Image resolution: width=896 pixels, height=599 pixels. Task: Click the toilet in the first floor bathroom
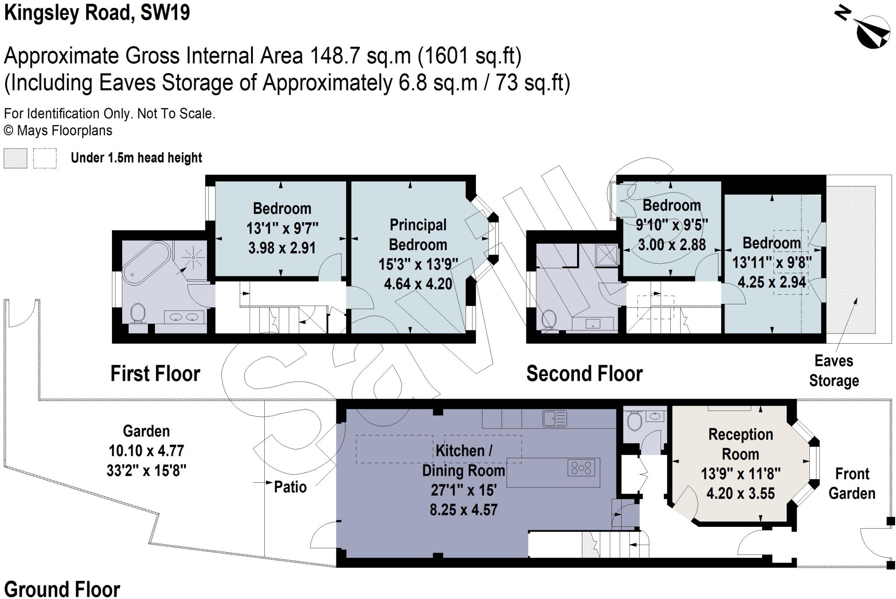coord(138,313)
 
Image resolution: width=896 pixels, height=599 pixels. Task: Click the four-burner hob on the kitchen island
coord(581,468)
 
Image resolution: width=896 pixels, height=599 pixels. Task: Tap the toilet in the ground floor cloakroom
coord(634,421)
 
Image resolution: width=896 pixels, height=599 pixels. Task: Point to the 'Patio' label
coord(290,487)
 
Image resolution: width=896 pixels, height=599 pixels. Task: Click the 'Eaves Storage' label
coord(834,371)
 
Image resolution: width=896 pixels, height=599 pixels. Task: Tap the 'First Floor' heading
coord(155,374)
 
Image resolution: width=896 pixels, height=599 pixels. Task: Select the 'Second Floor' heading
coord(584,374)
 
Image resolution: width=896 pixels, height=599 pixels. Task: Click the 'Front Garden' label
coord(852,484)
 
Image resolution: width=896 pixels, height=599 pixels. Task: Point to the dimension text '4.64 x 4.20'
coord(418,284)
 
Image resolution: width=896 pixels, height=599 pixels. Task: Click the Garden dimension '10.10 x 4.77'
coord(147,450)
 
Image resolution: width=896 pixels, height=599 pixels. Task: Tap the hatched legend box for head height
coord(15,158)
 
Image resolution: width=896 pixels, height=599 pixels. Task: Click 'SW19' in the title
coord(165,13)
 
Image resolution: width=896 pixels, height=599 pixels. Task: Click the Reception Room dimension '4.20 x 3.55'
coord(740,494)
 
